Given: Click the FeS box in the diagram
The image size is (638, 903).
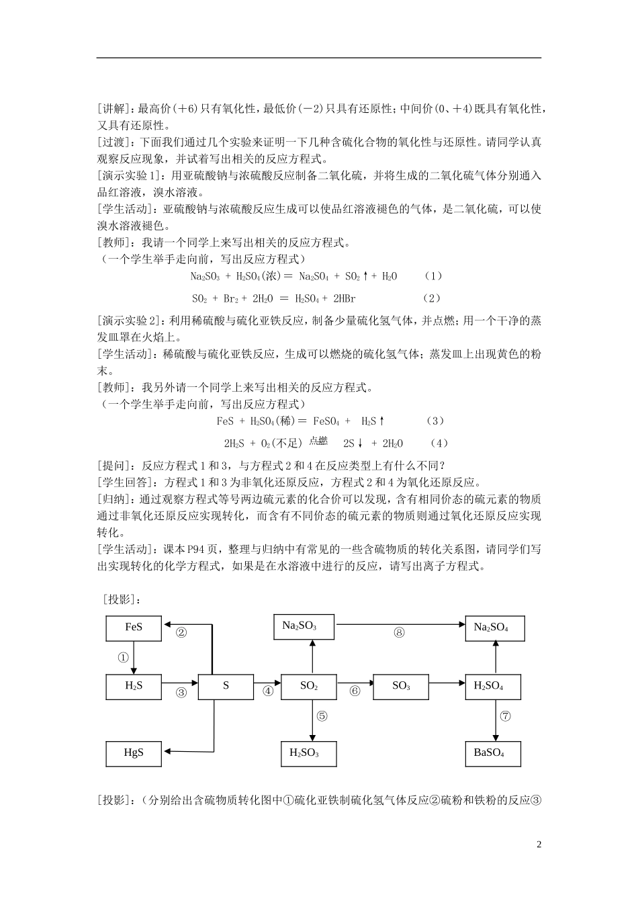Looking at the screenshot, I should [134, 628].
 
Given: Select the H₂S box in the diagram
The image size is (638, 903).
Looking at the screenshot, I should [134, 686].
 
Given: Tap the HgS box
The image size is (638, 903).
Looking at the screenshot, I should [134, 752].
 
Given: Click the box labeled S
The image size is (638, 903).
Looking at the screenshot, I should [226, 686].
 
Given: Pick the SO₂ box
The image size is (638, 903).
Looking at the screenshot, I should [308, 686].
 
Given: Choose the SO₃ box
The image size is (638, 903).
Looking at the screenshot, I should [400, 686].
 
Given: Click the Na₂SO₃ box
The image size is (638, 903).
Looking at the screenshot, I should [299, 626].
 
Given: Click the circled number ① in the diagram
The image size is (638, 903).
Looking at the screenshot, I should [123, 658].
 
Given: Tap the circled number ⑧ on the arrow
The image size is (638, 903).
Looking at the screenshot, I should [400, 632].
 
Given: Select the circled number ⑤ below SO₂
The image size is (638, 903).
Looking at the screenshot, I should [322, 716].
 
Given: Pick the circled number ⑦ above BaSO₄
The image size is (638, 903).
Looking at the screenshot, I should [505, 716].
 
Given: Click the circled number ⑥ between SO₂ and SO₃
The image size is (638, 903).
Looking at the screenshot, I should [355, 691].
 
